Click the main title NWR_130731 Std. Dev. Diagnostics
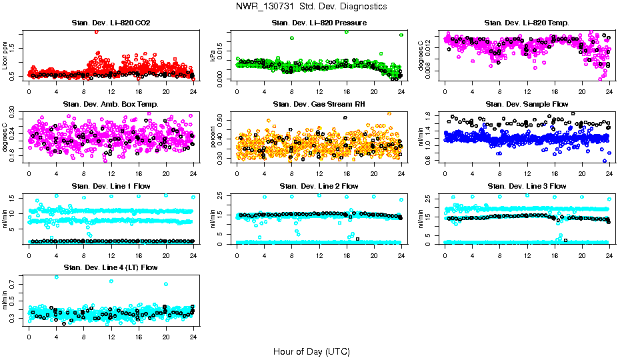click(311, 6)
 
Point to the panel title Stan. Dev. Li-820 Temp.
click(527, 23)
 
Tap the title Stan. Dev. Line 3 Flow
click(527, 186)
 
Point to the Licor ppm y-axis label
click(5, 56)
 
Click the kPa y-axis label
click(213, 56)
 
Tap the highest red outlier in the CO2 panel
click(97, 31)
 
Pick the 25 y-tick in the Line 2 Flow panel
click(223, 196)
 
